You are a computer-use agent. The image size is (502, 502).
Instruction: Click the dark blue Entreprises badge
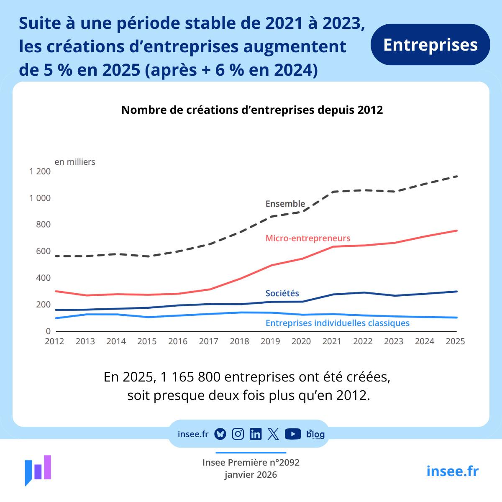430,45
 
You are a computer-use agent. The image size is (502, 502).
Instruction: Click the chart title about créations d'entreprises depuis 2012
252,110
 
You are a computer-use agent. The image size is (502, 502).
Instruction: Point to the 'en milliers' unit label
75,162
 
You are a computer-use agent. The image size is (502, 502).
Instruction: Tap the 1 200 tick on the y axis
40,172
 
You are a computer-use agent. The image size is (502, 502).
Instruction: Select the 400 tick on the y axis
43,278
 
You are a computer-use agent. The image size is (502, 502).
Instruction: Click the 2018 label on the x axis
239,341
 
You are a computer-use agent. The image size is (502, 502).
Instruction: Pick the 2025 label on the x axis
455,341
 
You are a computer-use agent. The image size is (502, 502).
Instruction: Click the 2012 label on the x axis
54,341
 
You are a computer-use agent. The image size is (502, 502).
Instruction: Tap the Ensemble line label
285,204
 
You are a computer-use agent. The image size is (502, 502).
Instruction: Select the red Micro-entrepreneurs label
308,238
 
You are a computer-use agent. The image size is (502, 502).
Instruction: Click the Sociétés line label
282,293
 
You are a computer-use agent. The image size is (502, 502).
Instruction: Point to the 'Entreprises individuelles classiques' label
338,323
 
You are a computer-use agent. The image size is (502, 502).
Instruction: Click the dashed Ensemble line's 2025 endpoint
457,176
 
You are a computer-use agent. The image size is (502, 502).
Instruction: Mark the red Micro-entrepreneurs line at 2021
333,246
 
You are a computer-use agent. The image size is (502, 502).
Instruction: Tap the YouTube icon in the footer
293,434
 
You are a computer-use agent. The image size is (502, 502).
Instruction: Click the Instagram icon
238,434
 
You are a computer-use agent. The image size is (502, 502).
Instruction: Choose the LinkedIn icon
255,434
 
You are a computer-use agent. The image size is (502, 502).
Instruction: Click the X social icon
273,434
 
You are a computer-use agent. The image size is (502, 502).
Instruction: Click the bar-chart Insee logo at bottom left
38,470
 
